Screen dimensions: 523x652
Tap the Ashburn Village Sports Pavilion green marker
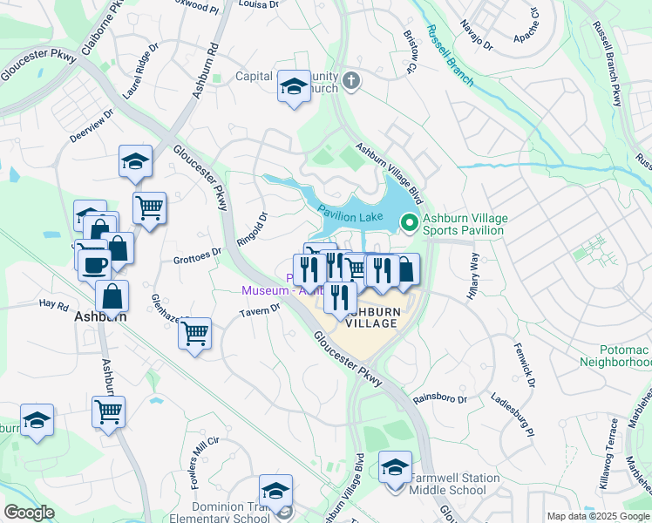pos(408,224)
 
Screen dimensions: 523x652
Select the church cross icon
pos(350,82)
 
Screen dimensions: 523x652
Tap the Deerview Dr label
pos(92,128)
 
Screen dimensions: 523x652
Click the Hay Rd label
pos(53,305)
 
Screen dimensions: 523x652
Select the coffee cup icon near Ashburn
pos(93,261)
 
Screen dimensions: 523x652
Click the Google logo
pos(30,513)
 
